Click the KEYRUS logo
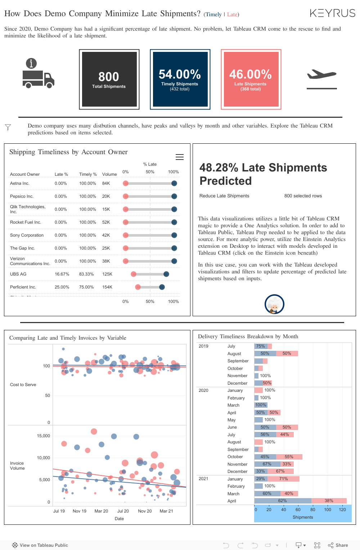[x=332, y=13]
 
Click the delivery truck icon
[x=38, y=78]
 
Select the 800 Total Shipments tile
[x=109, y=79]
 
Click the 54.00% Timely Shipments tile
[x=180, y=79]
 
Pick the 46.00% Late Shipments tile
[x=251, y=79]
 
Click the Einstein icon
[x=274, y=304]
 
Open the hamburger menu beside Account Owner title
[x=180, y=157]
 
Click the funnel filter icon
[x=8, y=127]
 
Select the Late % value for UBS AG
[x=62, y=274]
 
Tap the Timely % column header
[x=88, y=174]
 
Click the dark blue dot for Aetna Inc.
[x=174, y=183]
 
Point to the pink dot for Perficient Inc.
[x=138, y=287]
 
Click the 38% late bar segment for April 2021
[x=329, y=501]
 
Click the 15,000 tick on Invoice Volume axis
[x=44, y=436]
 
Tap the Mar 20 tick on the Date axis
[x=101, y=511]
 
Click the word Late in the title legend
[x=232, y=14]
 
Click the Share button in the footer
[x=338, y=545]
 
